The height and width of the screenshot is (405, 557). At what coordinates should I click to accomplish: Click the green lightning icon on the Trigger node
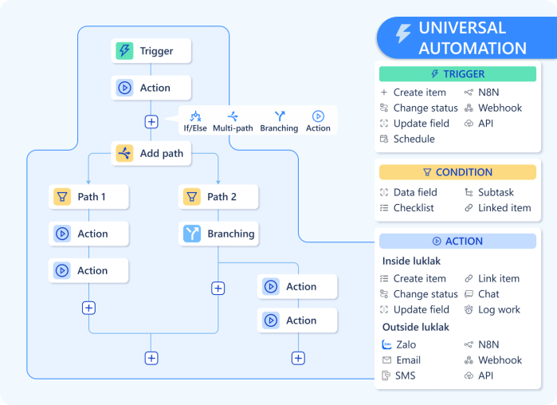click(x=124, y=51)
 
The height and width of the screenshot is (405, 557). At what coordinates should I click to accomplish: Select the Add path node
click(x=151, y=153)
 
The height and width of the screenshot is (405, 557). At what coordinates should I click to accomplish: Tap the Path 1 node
click(x=88, y=196)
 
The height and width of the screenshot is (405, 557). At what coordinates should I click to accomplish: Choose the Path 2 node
click(x=218, y=196)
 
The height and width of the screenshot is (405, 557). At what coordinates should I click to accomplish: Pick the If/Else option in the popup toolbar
click(x=195, y=121)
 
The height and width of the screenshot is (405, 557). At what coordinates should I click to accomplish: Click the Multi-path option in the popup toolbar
click(x=232, y=121)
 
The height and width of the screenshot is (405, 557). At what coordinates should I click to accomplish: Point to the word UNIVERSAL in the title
click(x=462, y=28)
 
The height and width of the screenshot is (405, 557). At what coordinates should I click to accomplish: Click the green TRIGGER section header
click(x=457, y=74)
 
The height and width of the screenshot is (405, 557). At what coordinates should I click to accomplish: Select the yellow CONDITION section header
click(x=457, y=172)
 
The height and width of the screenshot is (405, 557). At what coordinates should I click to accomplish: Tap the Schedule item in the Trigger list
click(x=414, y=139)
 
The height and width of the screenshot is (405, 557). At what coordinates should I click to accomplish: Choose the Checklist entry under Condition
click(x=413, y=208)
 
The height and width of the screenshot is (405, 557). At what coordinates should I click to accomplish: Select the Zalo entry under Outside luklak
click(x=405, y=344)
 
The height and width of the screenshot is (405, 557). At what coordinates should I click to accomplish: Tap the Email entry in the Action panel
click(x=407, y=360)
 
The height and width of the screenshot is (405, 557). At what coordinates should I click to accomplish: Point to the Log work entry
click(x=499, y=309)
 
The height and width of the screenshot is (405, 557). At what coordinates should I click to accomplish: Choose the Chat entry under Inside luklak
click(x=488, y=294)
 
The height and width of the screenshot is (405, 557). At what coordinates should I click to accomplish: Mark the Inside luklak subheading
click(x=411, y=261)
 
